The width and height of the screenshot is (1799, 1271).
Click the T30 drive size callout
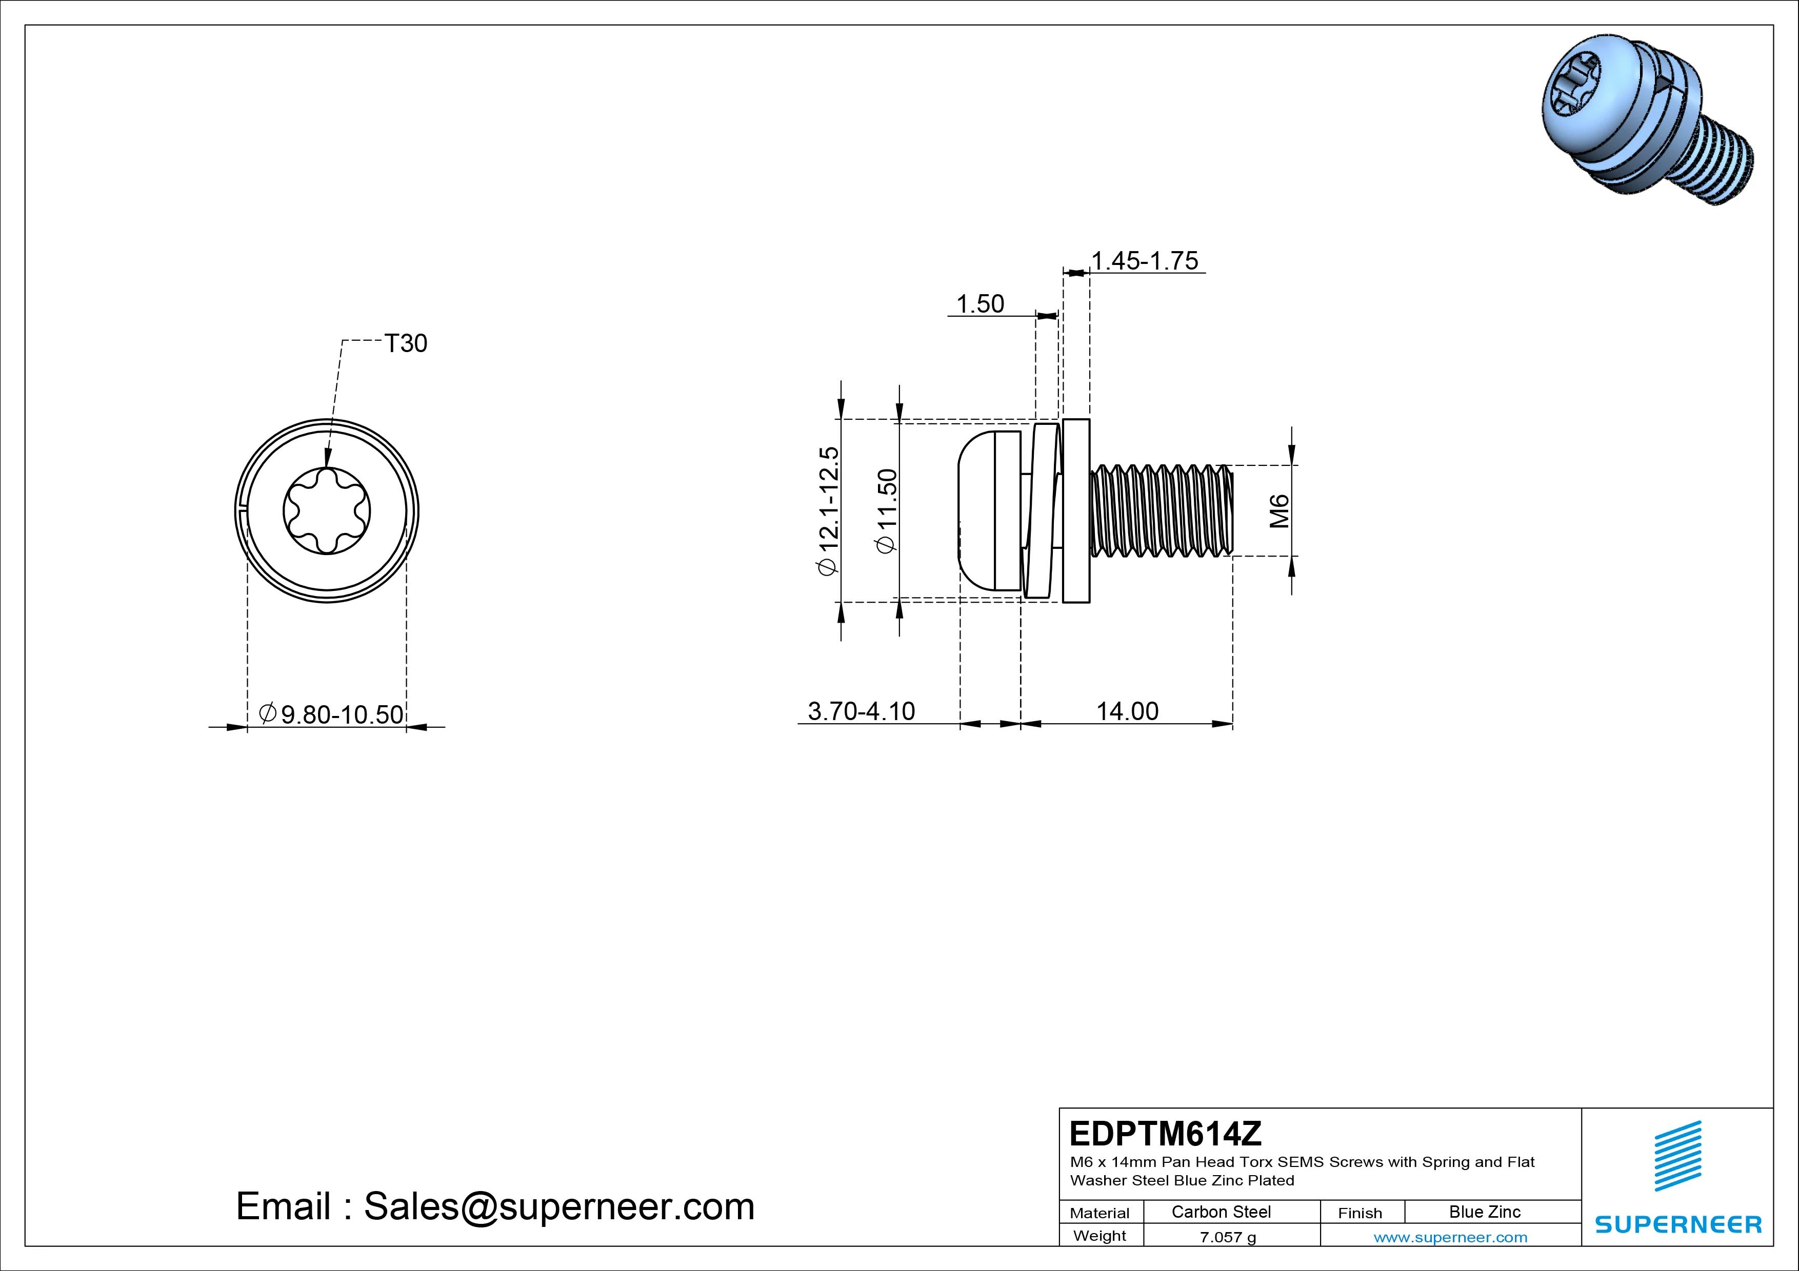tap(406, 344)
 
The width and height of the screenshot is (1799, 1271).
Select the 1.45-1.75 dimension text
tap(1145, 261)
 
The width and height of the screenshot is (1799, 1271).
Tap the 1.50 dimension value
tap(980, 304)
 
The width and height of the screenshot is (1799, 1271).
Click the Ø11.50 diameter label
tap(887, 510)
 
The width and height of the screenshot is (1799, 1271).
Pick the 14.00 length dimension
tap(1127, 711)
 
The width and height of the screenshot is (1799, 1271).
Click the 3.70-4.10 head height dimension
tap(861, 711)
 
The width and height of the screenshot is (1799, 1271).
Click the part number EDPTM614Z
tap(1165, 1133)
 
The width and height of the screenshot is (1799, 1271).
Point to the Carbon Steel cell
tap(1221, 1212)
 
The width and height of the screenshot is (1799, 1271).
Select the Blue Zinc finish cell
tap(1484, 1212)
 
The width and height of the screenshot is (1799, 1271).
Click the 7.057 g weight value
tap(1228, 1237)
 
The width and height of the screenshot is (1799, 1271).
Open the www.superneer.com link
tap(1450, 1237)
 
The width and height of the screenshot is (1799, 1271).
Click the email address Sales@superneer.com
tap(558, 1207)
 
